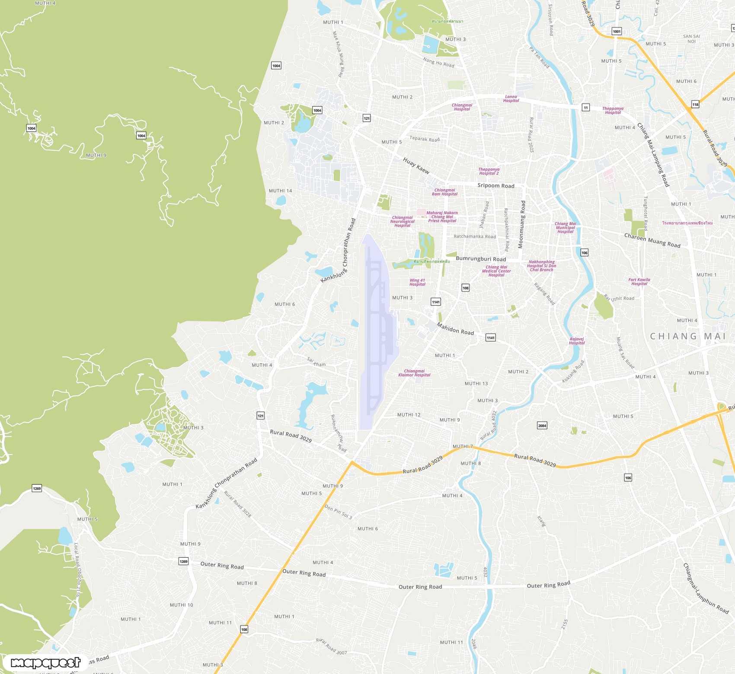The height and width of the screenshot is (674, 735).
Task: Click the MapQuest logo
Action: click(45, 662)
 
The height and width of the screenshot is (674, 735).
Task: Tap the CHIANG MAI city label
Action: click(688, 336)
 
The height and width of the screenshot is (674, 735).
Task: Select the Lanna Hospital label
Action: click(511, 99)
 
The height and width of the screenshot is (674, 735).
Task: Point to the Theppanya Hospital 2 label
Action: click(489, 172)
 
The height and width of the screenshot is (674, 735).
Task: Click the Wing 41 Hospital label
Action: click(417, 282)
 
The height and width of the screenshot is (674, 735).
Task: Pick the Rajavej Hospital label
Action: click(577, 341)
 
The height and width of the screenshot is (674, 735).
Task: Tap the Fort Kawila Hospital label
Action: click(639, 282)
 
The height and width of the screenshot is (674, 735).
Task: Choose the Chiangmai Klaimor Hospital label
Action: click(414, 373)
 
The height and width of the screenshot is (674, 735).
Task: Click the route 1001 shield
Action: click(617, 31)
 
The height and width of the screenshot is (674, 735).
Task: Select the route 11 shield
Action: click(585, 107)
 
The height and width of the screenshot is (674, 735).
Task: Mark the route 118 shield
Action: click(695, 104)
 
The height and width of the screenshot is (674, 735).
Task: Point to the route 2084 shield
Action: click(542, 425)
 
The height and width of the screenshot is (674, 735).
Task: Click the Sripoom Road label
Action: click(496, 185)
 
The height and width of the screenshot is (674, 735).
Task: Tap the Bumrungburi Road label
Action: click(481, 259)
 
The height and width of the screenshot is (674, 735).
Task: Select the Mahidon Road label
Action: click(455, 329)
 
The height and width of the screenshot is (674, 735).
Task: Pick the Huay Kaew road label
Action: click(416, 165)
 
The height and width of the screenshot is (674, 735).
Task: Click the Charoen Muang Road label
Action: click(652, 241)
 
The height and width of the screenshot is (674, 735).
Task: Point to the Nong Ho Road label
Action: click(438, 63)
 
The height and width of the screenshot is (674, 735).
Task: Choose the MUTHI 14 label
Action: click(280, 191)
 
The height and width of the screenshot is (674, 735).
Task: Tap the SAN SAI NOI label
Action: click(691, 39)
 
